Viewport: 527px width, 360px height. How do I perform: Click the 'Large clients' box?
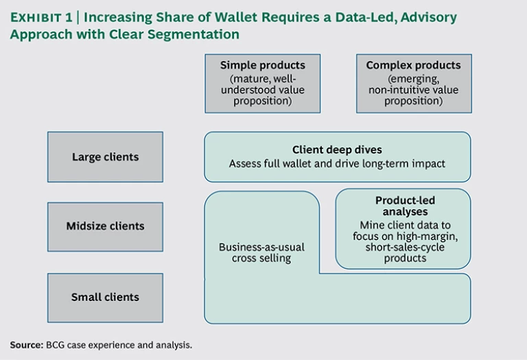105,157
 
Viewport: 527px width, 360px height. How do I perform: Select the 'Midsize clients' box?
105,226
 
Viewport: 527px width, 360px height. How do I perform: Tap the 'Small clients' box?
105,298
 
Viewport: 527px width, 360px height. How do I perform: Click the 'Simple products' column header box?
262,83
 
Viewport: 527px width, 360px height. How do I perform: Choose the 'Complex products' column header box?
413,83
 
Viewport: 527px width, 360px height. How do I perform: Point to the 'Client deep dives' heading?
337,149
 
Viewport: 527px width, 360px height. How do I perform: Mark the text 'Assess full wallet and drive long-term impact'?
337,164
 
